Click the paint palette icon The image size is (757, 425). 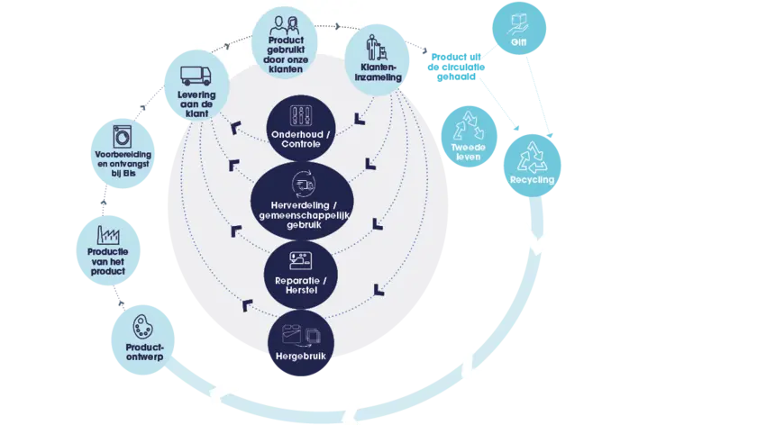142,324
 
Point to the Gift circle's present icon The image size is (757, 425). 518,23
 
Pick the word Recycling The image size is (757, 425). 532,180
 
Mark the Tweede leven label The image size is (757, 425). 466,152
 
